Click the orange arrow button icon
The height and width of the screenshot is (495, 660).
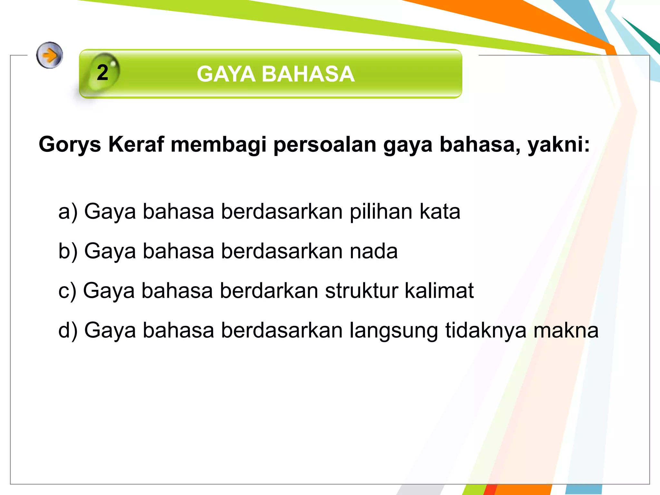(x=49, y=55)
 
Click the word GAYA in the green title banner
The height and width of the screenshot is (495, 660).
(x=226, y=74)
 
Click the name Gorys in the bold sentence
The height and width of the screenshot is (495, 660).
(x=70, y=144)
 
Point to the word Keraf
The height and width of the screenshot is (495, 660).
(x=136, y=144)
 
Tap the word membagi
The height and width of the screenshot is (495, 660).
(x=218, y=145)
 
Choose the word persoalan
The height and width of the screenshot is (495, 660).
(x=325, y=145)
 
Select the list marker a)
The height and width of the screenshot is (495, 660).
(x=68, y=212)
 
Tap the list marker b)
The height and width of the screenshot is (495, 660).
(x=68, y=251)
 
